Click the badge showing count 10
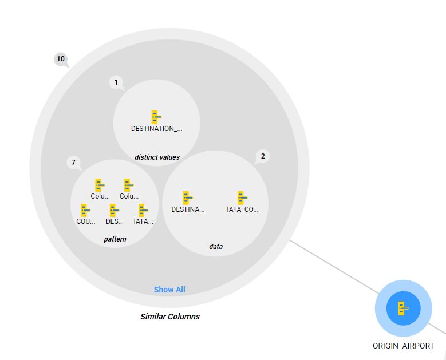[x=61, y=58]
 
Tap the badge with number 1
[x=116, y=82]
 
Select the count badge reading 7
[x=73, y=163]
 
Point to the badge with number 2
[x=262, y=156]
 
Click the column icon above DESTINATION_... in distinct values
[x=156, y=117]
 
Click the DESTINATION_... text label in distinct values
[x=156, y=129]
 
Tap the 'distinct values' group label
[x=157, y=157]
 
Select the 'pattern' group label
[x=115, y=239]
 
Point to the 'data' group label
[x=216, y=246]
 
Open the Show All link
[x=169, y=290]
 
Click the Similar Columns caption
[x=170, y=317]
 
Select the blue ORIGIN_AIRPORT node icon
[x=403, y=308]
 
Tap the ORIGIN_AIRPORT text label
[x=403, y=346]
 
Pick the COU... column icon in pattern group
[x=85, y=211]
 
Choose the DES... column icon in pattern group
[x=114, y=211]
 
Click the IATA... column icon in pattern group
[x=143, y=211]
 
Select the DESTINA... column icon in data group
[x=187, y=198]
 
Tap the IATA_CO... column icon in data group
[x=242, y=198]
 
